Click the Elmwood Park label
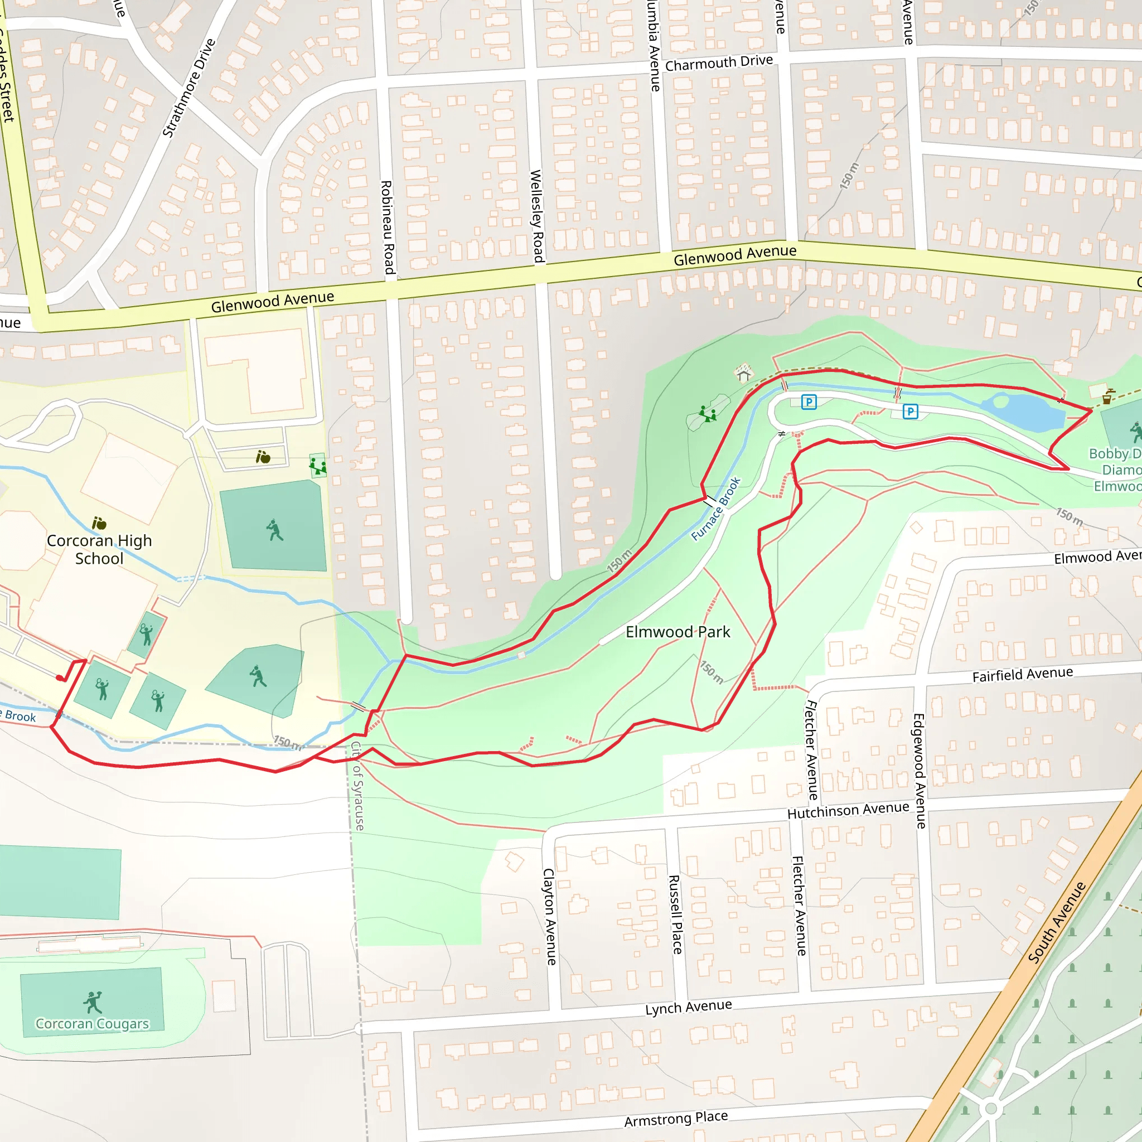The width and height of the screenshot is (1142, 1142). click(678, 632)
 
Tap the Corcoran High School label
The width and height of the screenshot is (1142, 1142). click(99, 549)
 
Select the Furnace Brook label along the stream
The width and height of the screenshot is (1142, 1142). click(716, 509)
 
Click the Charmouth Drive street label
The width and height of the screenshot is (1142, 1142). click(719, 63)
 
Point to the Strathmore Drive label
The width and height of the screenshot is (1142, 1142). click(188, 89)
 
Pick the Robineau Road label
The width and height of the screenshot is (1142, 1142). click(386, 227)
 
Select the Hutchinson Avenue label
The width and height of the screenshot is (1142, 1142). click(848, 810)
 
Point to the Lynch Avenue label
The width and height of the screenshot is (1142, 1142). click(689, 1007)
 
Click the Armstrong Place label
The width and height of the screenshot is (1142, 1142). click(676, 1119)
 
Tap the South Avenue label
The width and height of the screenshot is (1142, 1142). click(1056, 923)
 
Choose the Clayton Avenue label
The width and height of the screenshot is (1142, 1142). click(550, 916)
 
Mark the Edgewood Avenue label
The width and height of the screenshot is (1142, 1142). click(919, 771)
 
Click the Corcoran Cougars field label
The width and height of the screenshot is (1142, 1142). click(92, 1024)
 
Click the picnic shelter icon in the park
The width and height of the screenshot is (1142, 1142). click(744, 373)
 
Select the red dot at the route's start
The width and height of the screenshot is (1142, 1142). click(60, 678)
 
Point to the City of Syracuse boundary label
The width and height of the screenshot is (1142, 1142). click(357, 787)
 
